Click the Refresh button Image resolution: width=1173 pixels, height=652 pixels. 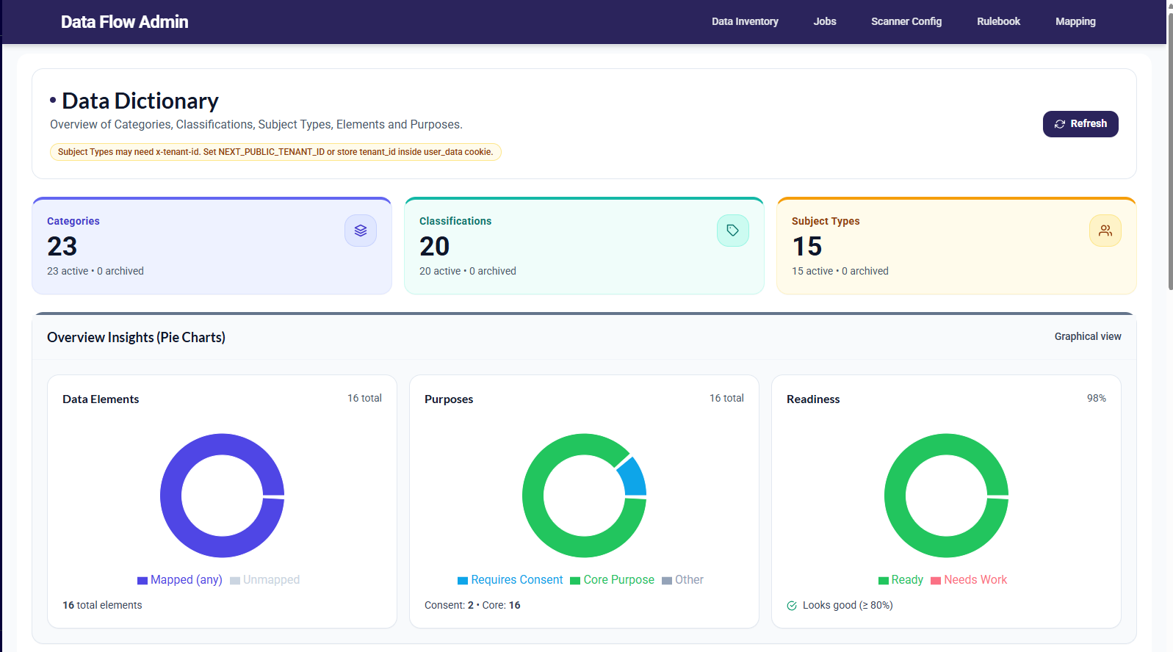tap(1080, 124)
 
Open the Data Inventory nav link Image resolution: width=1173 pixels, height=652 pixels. tap(744, 21)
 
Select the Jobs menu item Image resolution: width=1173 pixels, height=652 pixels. tap(824, 21)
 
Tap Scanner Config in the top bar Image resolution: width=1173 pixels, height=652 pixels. tap(906, 21)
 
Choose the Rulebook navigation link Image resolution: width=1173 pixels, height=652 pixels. tap(997, 21)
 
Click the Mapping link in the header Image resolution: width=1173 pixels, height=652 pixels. tap(1075, 21)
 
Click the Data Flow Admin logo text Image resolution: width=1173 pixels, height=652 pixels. tap(124, 22)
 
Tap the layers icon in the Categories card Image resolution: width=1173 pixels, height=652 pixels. tap(360, 231)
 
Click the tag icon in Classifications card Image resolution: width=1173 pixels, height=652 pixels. tap(732, 231)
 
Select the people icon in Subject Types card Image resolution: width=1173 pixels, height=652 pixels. tap(1105, 231)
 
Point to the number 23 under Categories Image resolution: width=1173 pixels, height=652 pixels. tap(62, 247)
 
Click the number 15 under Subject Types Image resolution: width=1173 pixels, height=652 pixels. tap(806, 247)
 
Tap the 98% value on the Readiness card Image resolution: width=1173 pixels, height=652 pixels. tap(1096, 398)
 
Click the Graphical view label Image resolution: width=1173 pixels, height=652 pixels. tap(1087, 336)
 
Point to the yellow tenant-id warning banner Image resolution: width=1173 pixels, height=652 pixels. tap(275, 152)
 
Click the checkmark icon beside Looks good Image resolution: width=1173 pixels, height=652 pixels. tap(792, 606)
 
